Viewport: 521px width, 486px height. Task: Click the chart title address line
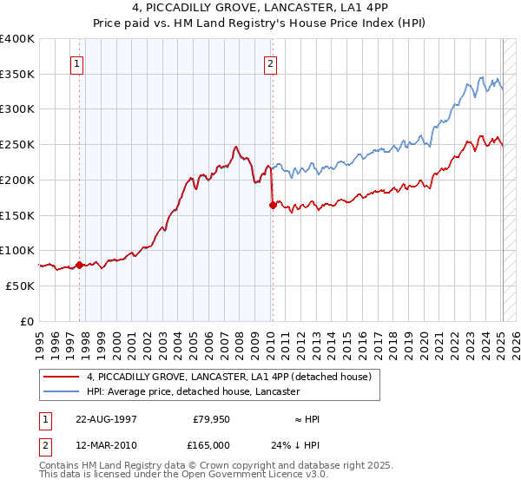(260, 9)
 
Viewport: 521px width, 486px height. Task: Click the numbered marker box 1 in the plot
(78, 62)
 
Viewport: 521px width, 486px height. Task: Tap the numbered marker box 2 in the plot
(271, 62)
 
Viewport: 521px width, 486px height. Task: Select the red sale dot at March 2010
(273, 206)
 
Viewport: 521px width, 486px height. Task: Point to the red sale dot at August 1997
(79, 265)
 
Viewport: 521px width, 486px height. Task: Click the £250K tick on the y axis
(19, 144)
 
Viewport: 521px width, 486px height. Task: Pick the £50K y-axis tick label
(21, 286)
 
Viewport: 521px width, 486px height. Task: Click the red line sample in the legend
(61, 377)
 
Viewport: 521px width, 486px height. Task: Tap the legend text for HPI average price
(193, 392)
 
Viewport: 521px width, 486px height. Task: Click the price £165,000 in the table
(208, 444)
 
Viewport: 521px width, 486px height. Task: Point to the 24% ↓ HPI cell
(295, 444)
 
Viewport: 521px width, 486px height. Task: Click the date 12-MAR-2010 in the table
(106, 444)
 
